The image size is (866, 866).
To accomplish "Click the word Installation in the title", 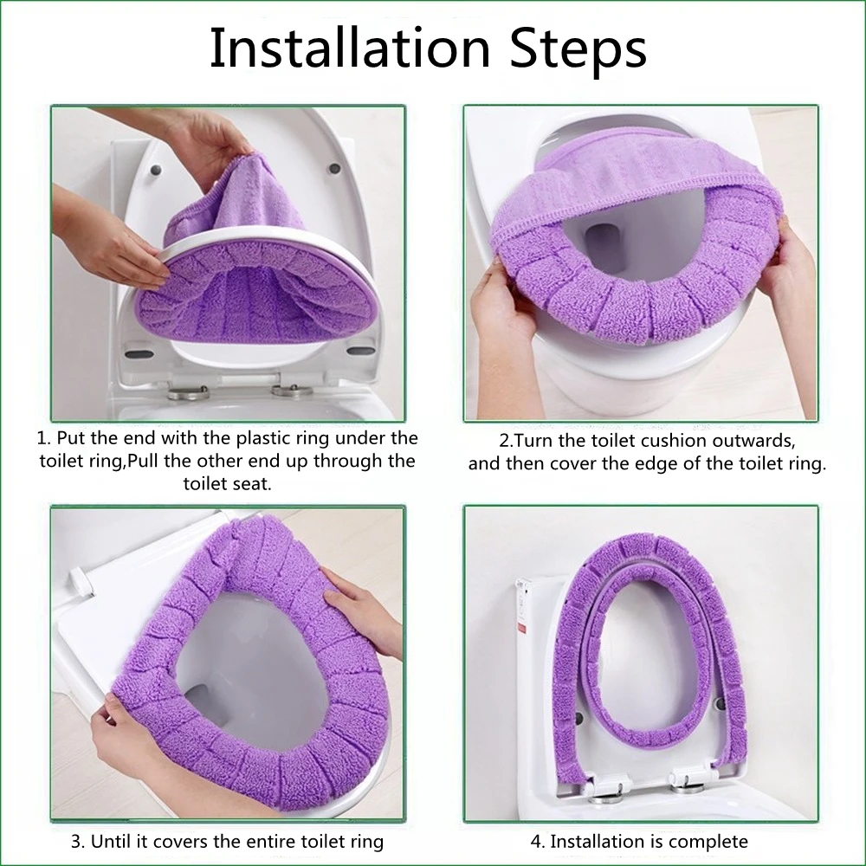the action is pyautogui.click(x=350, y=48).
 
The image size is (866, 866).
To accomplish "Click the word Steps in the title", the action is pyautogui.click(x=578, y=50).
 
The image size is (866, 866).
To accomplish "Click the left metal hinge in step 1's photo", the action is pyautogui.click(x=190, y=392).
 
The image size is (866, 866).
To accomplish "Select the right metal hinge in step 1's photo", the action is pyautogui.click(x=293, y=391).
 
